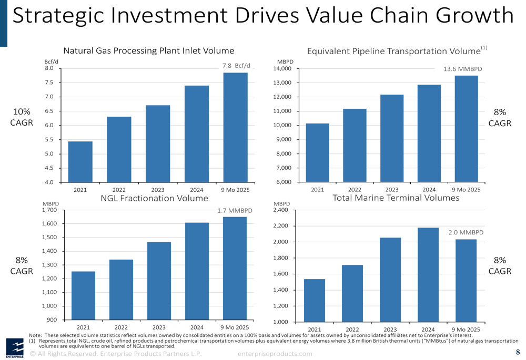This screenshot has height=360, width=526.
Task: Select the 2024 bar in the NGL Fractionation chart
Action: (x=197, y=271)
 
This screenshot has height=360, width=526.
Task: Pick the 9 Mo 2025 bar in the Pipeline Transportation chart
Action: (x=466, y=129)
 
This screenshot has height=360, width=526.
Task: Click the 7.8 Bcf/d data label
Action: (x=236, y=66)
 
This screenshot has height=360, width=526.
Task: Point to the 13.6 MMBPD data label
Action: (x=463, y=69)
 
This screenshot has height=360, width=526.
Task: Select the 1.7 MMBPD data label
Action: (x=235, y=211)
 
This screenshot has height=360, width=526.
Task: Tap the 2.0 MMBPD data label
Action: (x=466, y=232)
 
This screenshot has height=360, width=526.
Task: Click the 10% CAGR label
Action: (x=22, y=117)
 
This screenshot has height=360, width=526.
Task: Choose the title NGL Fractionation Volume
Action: (x=154, y=199)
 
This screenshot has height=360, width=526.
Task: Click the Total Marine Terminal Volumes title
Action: (x=396, y=198)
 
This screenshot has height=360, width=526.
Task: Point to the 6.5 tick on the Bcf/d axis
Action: (x=49, y=111)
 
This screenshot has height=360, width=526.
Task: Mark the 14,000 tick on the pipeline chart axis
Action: (x=282, y=69)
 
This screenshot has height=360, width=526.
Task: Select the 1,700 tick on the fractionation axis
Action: (x=49, y=210)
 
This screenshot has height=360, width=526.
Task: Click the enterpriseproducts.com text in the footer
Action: (x=275, y=354)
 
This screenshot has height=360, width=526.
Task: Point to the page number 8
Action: (x=518, y=352)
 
